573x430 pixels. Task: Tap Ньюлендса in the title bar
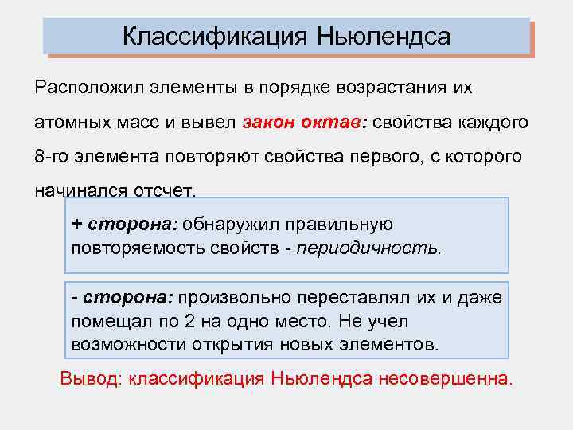[x=384, y=37]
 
